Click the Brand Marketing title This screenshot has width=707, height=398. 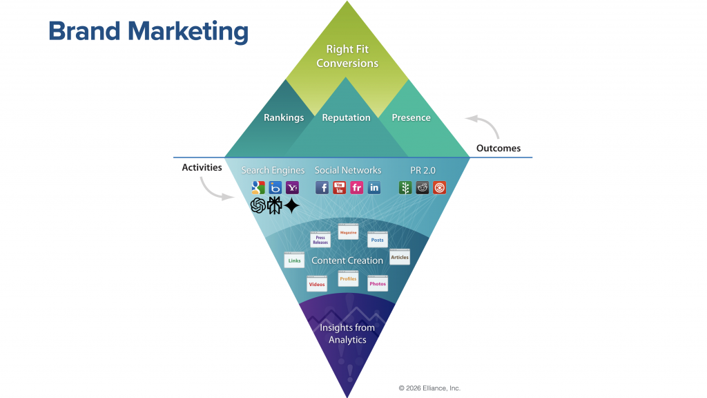(148, 32)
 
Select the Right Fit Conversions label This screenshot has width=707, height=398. (347, 56)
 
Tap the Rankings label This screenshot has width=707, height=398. (284, 117)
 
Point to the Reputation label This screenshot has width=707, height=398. (346, 117)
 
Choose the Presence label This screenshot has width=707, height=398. (411, 117)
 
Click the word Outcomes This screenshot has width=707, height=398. (498, 148)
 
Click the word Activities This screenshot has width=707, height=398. (202, 167)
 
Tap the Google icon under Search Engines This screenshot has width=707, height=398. (258, 187)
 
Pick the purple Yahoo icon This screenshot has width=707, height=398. (292, 187)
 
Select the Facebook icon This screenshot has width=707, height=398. (322, 187)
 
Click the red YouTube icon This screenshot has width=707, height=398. (339, 187)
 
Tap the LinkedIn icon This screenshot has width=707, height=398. (374, 187)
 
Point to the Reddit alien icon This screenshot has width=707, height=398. (423, 187)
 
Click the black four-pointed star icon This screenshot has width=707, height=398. (291, 206)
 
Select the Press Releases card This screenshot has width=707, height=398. (320, 240)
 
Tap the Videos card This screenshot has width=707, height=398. (317, 284)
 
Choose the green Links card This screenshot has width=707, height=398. (294, 260)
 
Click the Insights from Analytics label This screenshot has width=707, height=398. (347, 334)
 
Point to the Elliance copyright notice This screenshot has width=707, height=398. (429, 388)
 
